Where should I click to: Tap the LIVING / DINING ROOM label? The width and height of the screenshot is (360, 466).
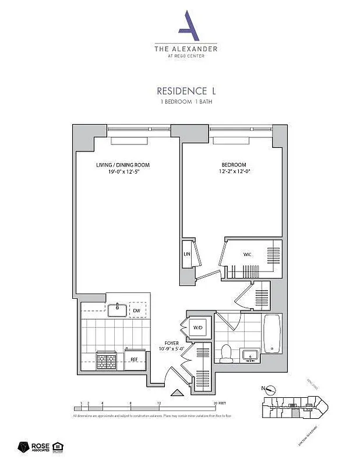coord(119,165)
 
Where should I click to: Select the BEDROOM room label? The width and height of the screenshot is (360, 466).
coord(234,165)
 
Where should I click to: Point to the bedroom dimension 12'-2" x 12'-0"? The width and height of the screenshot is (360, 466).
coord(234,172)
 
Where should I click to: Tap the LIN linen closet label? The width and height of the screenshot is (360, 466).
coord(188,255)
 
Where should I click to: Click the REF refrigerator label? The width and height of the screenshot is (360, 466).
coord(133,359)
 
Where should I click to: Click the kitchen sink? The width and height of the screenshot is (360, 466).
coord(117,309)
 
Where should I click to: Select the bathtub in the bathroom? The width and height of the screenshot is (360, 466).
coord(272,334)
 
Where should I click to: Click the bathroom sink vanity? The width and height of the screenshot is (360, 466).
coord(252,354)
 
